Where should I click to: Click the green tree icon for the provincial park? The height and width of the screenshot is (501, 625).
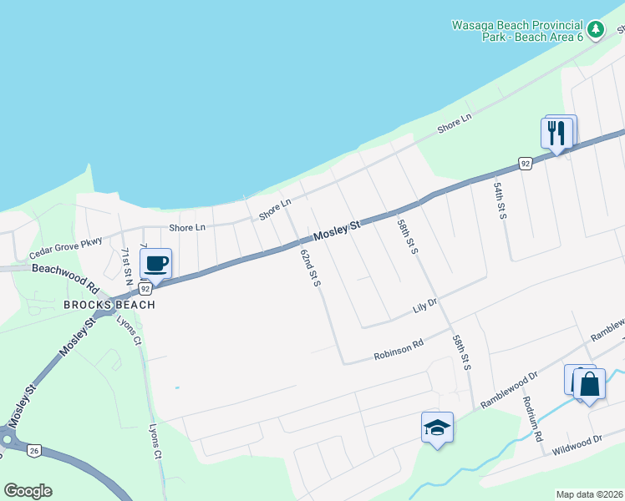(595, 31)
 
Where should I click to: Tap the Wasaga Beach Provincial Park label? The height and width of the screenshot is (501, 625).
(518, 31)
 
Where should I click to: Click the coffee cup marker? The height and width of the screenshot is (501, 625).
(155, 265)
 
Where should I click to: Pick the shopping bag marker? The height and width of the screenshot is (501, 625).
(589, 385)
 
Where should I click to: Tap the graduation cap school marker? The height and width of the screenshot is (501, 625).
(437, 428)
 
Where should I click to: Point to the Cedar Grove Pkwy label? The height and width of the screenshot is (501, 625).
(65, 247)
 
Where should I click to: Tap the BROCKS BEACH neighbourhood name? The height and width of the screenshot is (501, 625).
(109, 305)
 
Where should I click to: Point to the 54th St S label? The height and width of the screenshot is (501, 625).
(500, 201)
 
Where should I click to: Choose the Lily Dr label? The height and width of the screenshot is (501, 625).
(425, 306)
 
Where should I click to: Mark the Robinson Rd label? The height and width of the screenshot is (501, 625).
(399, 348)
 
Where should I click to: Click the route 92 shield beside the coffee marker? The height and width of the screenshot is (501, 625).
(145, 289)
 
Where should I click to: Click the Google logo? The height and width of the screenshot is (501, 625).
(28, 491)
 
